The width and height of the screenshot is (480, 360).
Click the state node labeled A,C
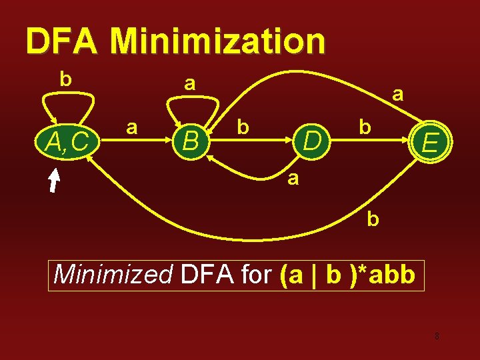[x=65, y=140]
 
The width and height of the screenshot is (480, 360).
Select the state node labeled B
[x=192, y=141]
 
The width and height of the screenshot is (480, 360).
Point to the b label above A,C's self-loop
[x=65, y=79]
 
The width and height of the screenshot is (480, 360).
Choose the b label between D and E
[x=364, y=126]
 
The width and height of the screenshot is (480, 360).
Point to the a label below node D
[x=293, y=178]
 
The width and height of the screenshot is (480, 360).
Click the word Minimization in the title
[x=218, y=41]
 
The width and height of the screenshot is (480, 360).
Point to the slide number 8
[x=437, y=336]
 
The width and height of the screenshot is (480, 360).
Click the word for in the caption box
[x=254, y=274]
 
